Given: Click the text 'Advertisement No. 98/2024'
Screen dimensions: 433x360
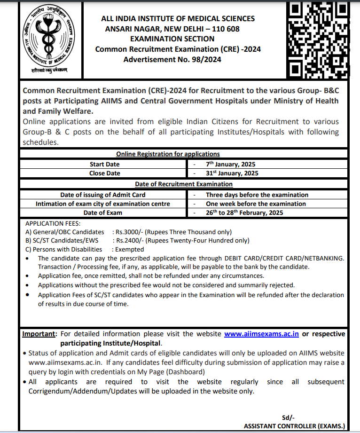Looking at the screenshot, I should (x=172, y=59).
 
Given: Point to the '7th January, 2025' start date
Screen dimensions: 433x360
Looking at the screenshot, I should (x=232, y=165).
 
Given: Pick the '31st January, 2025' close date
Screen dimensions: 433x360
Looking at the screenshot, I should (x=232, y=173).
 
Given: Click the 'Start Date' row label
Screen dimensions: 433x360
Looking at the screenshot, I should (x=104, y=165).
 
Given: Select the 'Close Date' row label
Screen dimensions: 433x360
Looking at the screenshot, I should (x=104, y=173).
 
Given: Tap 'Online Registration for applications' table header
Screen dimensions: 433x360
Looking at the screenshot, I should (x=168, y=154).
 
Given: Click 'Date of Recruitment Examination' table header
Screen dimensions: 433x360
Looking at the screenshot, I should (x=184, y=184).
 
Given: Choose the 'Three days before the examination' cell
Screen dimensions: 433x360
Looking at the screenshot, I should (x=257, y=195).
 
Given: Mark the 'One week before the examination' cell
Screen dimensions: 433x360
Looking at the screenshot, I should (x=256, y=204).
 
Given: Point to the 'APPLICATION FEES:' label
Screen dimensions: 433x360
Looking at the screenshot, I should (x=53, y=223).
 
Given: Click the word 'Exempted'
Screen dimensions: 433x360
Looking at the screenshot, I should (x=129, y=249).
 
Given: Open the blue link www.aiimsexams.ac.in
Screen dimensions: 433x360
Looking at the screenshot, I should (x=261, y=334).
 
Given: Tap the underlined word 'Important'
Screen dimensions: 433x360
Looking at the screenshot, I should (x=39, y=334).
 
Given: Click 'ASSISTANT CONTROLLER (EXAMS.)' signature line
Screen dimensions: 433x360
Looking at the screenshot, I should (x=294, y=426).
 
